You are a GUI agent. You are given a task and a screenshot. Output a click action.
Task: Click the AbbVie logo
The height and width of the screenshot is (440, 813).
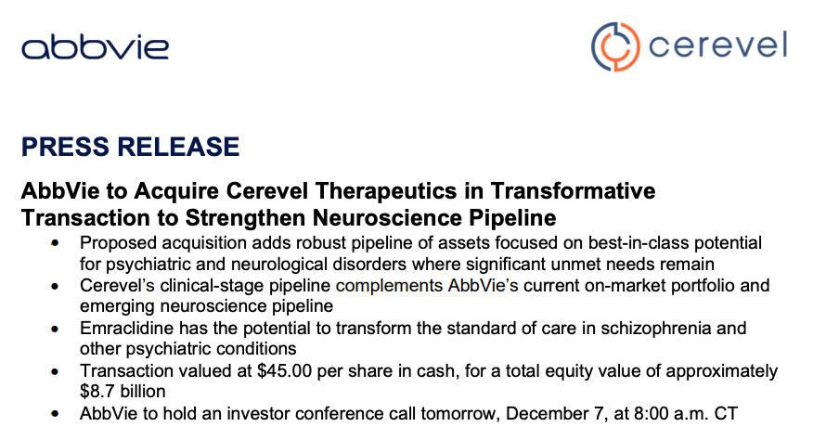pos(95,47)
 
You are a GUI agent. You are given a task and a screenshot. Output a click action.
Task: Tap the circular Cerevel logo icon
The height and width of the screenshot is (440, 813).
pos(615,46)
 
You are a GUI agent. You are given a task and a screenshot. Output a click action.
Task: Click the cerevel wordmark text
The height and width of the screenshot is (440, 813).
pos(717,45)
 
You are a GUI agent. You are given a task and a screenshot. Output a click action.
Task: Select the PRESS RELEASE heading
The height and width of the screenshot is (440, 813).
pos(130,147)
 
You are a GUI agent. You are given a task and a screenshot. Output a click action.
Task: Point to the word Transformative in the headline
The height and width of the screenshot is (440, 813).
pos(573,190)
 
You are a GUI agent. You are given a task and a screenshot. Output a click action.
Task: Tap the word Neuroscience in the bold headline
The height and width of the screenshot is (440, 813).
pos(387,217)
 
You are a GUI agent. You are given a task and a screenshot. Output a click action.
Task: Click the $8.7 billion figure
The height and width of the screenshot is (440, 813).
pos(123,391)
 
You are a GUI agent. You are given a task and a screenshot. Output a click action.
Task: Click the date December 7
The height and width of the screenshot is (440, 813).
pos(554,413)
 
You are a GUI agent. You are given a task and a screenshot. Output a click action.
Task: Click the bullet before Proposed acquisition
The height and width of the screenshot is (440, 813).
pos(55,243)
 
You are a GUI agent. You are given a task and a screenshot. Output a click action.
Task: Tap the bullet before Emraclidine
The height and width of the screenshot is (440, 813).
pos(55,329)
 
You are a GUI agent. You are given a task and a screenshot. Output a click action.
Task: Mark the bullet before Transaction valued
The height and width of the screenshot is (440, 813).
pos(55,371)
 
